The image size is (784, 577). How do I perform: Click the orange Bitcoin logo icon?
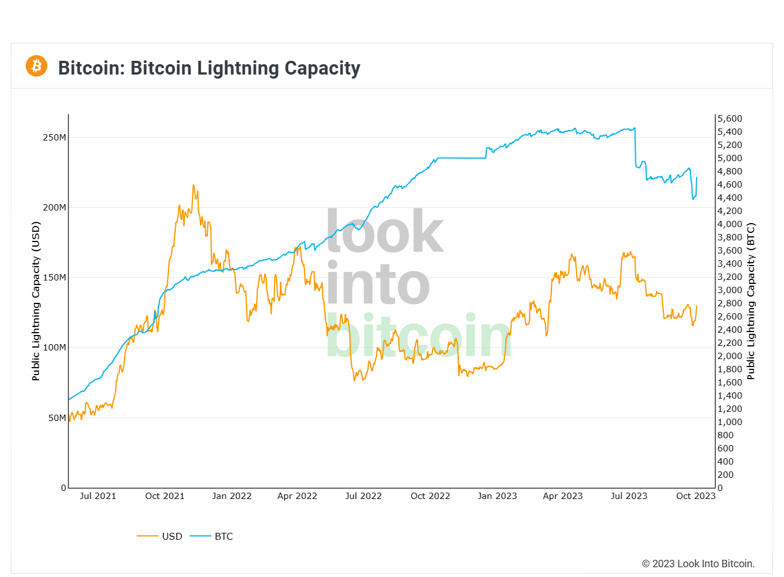(36, 66)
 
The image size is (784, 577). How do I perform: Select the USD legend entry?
(171, 536)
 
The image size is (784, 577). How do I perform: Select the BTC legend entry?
(223, 536)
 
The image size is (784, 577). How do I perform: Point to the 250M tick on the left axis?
(55, 138)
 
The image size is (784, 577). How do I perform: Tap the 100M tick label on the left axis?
(55, 348)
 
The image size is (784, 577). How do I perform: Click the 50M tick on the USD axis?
(57, 418)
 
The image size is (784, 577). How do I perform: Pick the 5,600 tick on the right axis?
(729, 119)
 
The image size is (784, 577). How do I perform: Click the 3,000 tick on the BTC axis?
(729, 290)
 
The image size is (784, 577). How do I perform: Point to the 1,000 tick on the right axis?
(729, 422)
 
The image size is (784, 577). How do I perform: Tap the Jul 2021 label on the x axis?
(98, 496)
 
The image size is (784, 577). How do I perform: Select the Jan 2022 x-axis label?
(231, 496)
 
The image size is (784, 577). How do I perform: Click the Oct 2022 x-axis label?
(430, 496)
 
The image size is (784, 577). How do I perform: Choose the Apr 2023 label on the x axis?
(562, 496)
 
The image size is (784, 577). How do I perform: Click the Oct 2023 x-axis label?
(696, 496)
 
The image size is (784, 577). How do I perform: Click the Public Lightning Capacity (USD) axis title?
(36, 301)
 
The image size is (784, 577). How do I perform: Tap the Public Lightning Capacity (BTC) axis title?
(751, 301)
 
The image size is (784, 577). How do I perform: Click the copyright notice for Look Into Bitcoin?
(698, 564)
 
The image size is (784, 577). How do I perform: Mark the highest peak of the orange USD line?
(194, 185)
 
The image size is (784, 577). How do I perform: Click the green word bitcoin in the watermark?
(419, 336)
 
